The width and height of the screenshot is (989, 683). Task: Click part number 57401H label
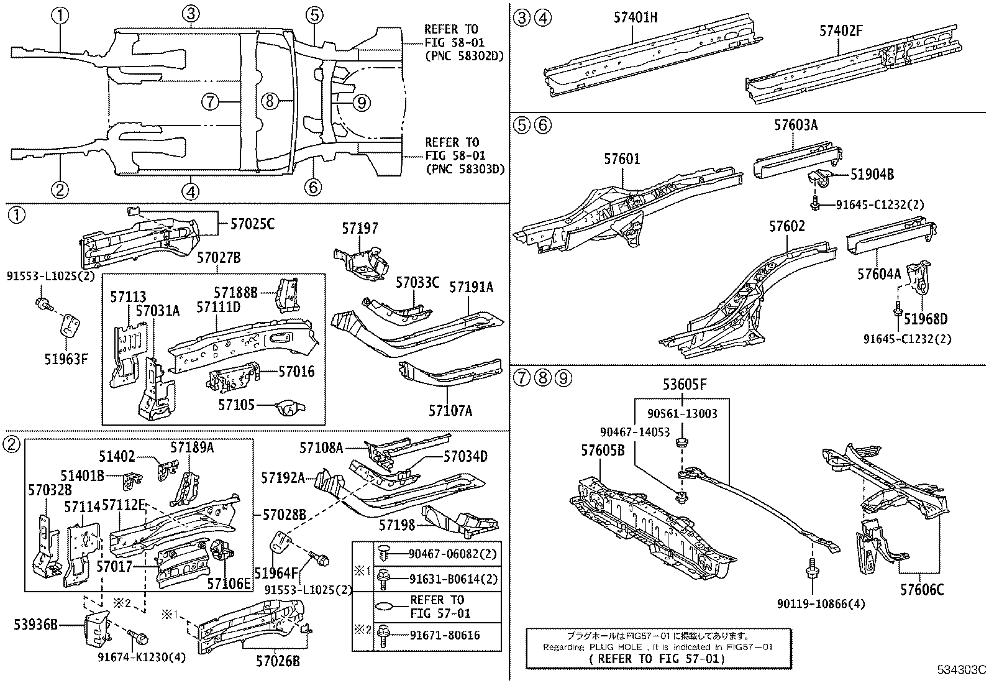coord(635,18)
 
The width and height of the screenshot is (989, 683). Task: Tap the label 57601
coord(621,160)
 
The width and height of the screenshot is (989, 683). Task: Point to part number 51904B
coord(872,175)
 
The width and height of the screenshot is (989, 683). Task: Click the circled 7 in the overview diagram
coord(211,101)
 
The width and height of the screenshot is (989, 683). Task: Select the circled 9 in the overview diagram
coord(362,102)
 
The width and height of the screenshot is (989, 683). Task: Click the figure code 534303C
coord(962,670)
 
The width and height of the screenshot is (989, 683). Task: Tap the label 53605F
coord(684,385)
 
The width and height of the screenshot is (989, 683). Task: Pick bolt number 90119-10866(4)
coord(820,603)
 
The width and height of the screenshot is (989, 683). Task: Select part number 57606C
coord(921,590)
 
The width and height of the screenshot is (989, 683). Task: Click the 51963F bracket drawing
coord(70,326)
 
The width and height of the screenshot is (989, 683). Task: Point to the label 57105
coord(236,405)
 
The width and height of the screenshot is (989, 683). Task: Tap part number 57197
coord(359,229)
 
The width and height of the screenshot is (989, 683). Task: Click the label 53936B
coord(35,625)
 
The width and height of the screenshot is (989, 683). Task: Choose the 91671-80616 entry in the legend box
coord(445,636)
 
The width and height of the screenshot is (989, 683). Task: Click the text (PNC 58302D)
coord(463,56)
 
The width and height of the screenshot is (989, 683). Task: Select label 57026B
coord(277,661)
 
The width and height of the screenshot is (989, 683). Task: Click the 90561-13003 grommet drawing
coord(681,443)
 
